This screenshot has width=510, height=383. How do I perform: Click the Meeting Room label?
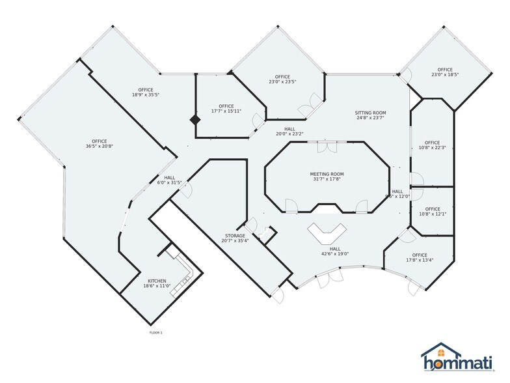click(x=326, y=174)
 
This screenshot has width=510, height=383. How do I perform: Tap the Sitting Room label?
click(x=371, y=112)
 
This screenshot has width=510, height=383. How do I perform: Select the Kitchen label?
click(x=157, y=281)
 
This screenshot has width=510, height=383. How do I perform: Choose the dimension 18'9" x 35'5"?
click(x=145, y=95)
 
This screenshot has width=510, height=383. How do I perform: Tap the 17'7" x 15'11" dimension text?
click(x=226, y=111)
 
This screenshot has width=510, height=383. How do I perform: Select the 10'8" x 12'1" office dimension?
click(x=432, y=214)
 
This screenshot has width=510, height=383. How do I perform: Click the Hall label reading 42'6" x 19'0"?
click(x=335, y=254)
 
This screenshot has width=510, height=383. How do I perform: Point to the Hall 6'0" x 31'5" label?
click(x=169, y=183)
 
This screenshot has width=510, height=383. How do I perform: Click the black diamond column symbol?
click(x=194, y=121)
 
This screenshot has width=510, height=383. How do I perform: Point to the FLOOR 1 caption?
click(x=156, y=333)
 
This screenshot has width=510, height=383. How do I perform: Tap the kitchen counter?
click(x=182, y=273)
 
